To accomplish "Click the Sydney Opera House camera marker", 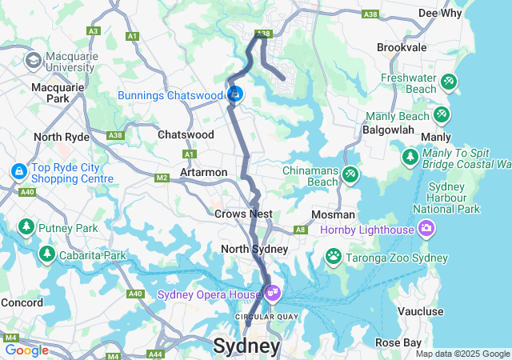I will click(274, 294).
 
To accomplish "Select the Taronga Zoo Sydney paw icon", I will click(334, 255).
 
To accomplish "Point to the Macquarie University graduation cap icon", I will click(34, 60).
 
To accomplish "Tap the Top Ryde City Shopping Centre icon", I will click(18, 171).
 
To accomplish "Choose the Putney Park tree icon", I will click(26, 228).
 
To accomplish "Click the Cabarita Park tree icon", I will click(47, 254).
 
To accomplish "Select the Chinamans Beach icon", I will click(350, 174).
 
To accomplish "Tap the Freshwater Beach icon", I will click(449, 82).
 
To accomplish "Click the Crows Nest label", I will click(243, 214).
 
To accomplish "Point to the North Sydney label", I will click(254, 249).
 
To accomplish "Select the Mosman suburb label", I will click(334, 214).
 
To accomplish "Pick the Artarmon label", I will click(204, 172).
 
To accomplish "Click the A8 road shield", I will click(301, 230).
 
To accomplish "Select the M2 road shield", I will click(162, 178).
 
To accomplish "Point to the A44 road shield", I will click(155, 354).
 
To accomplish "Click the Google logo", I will click(26, 350).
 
